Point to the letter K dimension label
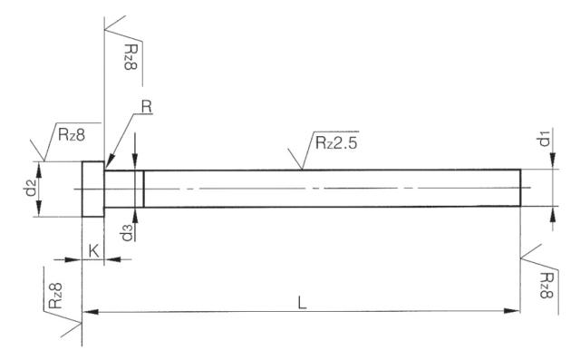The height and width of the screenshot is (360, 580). (92, 249)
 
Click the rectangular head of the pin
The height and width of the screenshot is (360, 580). (93, 189)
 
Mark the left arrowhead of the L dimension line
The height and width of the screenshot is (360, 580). (88, 313)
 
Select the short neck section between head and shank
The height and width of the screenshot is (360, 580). (124, 189)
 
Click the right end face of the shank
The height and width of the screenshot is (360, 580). (521, 189)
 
